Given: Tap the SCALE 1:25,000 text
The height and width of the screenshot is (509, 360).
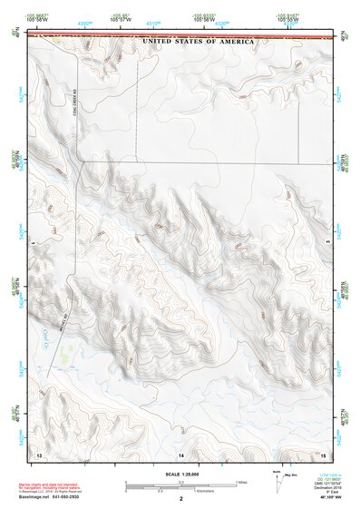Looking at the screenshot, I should point(182,475).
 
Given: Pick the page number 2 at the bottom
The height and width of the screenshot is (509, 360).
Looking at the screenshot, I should point(181,499).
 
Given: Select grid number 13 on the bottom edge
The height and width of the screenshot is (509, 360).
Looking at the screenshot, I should point(39,452).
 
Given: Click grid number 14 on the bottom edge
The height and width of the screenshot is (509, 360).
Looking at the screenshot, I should point(181,452).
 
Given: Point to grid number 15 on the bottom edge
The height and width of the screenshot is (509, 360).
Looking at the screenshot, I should point(323,452).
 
